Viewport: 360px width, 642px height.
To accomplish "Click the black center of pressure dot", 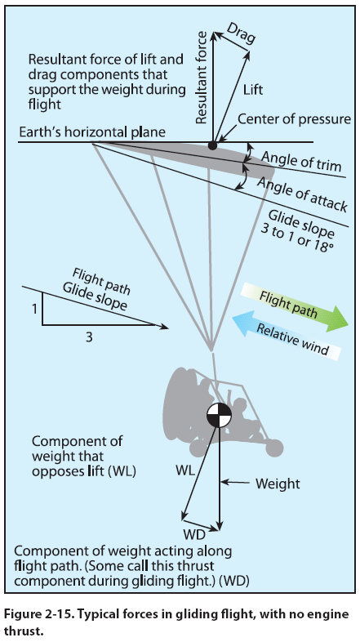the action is pyautogui.click(x=212, y=145).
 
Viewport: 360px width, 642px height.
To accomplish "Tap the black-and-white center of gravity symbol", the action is pyautogui.click(x=219, y=415).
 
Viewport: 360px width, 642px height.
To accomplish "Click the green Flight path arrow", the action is pyautogui.click(x=295, y=306).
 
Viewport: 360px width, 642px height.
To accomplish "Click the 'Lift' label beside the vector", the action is pyautogui.click(x=253, y=90).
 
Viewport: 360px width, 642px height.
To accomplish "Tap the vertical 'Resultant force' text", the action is pyautogui.click(x=201, y=78).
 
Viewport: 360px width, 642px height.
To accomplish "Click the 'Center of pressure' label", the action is pyautogui.click(x=294, y=118).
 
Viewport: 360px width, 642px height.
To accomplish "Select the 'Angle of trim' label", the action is pyautogui.click(x=301, y=161).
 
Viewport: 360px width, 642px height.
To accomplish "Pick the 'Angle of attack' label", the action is pyautogui.click(x=302, y=194).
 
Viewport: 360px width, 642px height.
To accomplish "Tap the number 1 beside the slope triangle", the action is pyautogui.click(x=34, y=309).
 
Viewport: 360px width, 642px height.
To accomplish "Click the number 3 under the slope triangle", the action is pyautogui.click(x=89, y=337).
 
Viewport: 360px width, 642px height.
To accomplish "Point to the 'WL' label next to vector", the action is pyautogui.click(x=185, y=470).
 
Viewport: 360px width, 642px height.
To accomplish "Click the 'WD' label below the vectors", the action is pyautogui.click(x=194, y=535).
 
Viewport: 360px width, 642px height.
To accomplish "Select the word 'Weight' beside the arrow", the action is pyautogui.click(x=278, y=484).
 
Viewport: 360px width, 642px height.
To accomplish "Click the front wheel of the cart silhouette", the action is pyautogui.click(x=274, y=448).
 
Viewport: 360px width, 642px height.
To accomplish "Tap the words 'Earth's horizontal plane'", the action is pyautogui.click(x=92, y=132).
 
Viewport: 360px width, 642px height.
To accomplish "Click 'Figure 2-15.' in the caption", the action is pyautogui.click(x=40, y=614).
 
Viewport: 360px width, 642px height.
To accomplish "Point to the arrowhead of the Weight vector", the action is pyautogui.click(x=220, y=527).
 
